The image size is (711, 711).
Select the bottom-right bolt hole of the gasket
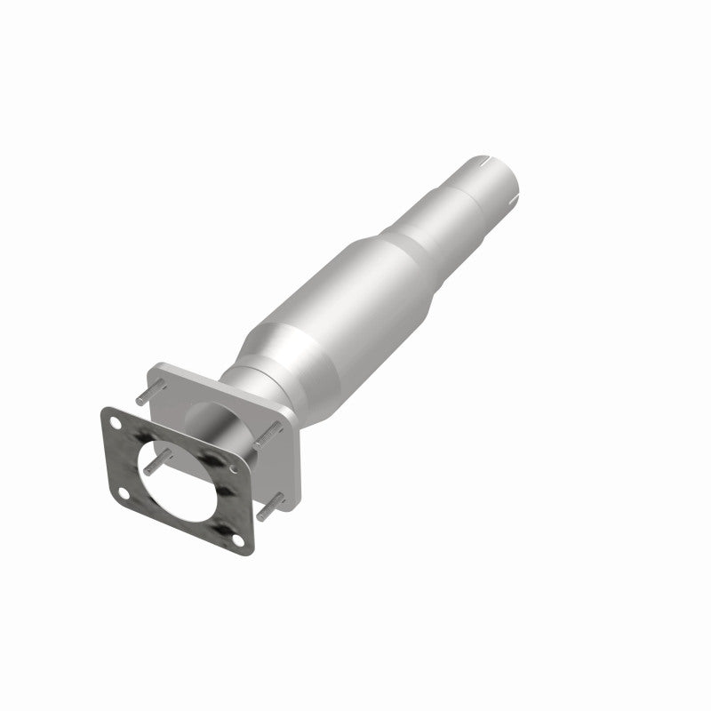233,535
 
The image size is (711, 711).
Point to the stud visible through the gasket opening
156,463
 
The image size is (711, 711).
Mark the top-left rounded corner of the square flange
158,367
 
